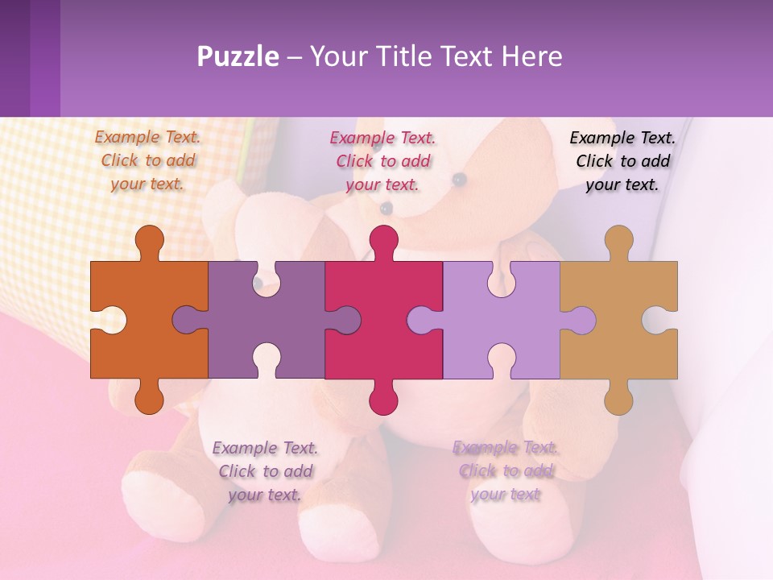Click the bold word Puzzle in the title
(x=238, y=56)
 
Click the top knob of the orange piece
(x=149, y=240)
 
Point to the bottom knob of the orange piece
(x=149, y=398)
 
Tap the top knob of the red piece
(x=383, y=240)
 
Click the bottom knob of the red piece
(x=383, y=398)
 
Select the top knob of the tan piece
(x=618, y=240)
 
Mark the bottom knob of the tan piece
(x=618, y=398)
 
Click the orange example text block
(x=147, y=160)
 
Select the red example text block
(x=382, y=161)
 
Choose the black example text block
(x=622, y=161)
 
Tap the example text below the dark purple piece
(x=265, y=471)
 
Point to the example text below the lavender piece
(x=505, y=471)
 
